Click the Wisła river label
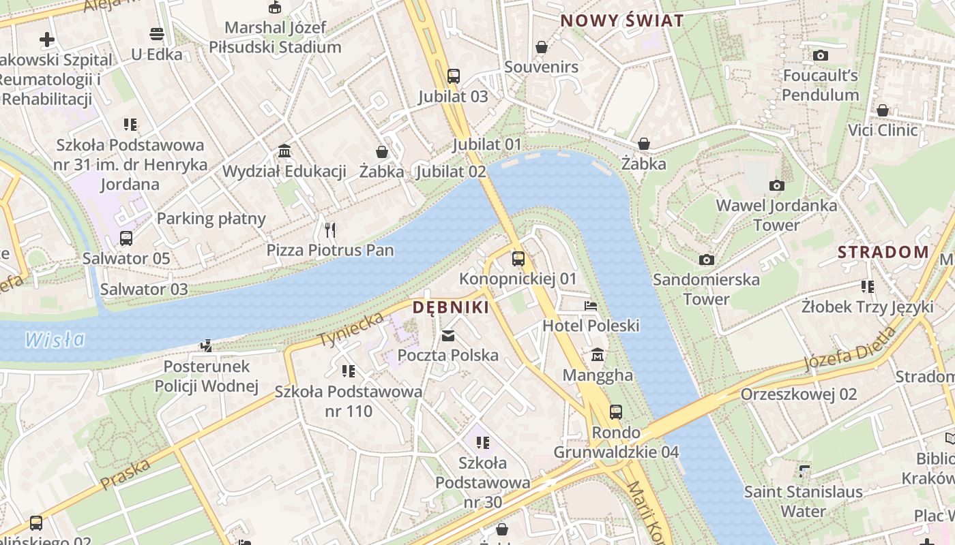tap(55, 339)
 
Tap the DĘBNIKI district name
tap(451, 308)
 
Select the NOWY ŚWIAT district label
tap(621, 20)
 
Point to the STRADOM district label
tap(883, 252)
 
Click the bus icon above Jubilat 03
tap(454, 76)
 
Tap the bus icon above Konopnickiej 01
tap(518, 258)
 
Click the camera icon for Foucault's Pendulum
tap(821, 55)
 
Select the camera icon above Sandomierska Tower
tap(707, 260)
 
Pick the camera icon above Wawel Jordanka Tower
tap(776, 185)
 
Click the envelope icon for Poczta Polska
tap(448, 335)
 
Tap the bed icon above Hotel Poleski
tap(591, 305)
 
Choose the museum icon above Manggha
tap(598, 354)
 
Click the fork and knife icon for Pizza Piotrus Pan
tap(330, 230)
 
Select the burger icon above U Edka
tap(157, 34)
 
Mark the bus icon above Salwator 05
tap(126, 238)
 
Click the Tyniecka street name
tap(351, 328)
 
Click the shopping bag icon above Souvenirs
tap(542, 46)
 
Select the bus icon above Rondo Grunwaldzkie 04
tap(616, 411)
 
